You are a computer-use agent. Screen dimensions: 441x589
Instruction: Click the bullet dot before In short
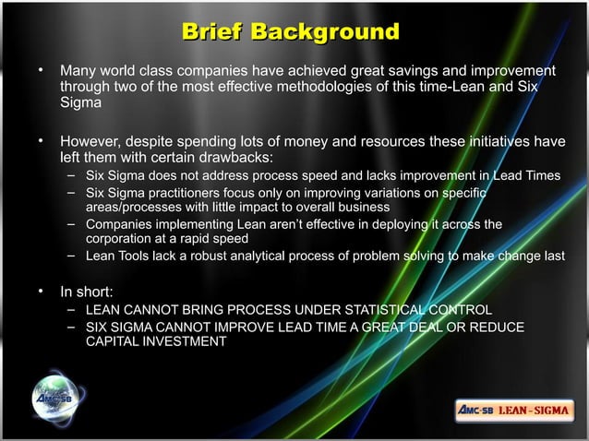click(x=40, y=293)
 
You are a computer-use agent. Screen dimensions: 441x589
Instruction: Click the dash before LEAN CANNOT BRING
click(x=71, y=310)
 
